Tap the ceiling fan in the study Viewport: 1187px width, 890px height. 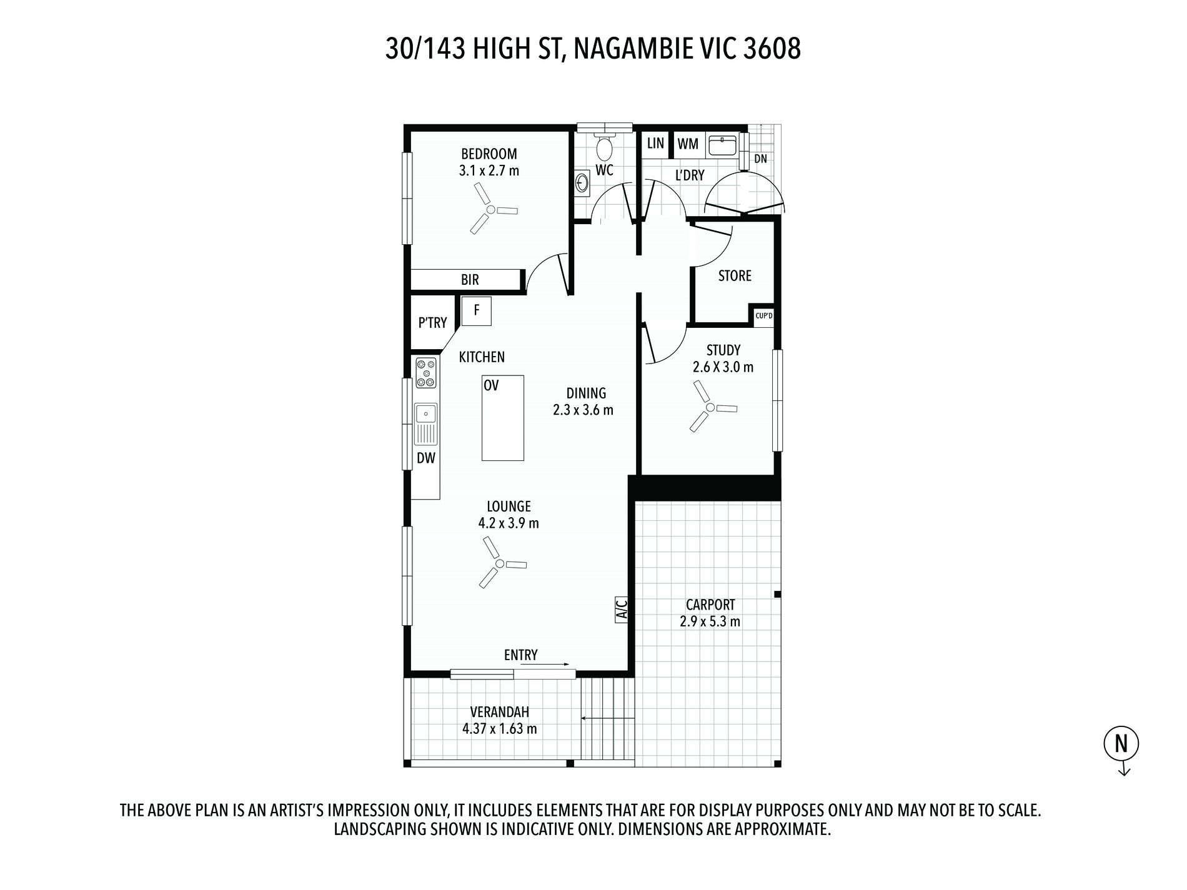point(710,407)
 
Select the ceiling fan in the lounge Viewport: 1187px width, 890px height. point(499,563)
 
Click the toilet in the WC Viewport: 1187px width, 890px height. point(604,146)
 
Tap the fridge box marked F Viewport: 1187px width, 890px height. point(476,311)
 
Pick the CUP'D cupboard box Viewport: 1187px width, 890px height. point(763,316)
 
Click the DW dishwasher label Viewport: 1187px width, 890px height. point(426,458)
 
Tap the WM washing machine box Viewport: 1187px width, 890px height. point(688,144)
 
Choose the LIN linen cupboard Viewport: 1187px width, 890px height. point(655,144)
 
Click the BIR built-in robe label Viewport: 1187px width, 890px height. point(470,279)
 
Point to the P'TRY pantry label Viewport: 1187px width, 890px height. point(432,322)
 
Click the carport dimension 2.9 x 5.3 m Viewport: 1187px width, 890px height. point(710,621)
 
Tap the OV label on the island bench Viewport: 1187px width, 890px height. point(491,385)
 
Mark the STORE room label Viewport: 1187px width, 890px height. point(735,275)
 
